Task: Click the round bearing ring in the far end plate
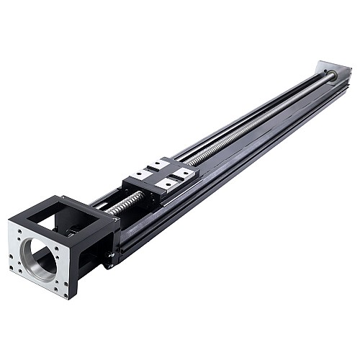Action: click(333, 75)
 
